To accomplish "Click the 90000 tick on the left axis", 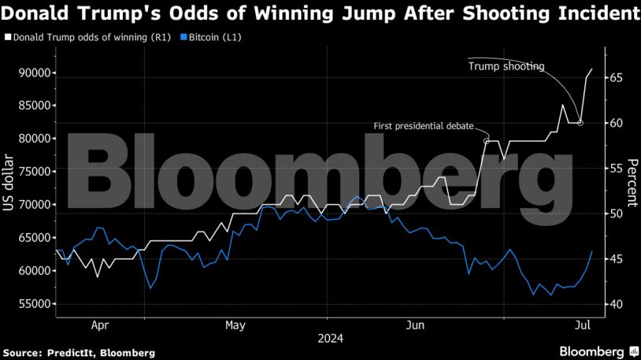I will tap(34, 73).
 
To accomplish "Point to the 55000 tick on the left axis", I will tap(34, 304).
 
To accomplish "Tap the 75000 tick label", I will tap(34, 172).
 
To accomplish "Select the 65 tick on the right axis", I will tap(615, 78).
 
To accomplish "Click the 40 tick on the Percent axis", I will tap(615, 305).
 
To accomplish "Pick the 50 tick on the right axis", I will tap(615, 214).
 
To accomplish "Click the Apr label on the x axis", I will tap(100, 324).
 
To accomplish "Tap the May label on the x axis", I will tap(235, 324).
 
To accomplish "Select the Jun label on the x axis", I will tap(416, 324).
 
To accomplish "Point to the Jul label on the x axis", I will tap(584, 324).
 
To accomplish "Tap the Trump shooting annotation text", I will tap(506, 66).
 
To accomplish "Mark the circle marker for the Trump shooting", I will tap(580, 123).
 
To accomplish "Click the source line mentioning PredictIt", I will tap(79, 351).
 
